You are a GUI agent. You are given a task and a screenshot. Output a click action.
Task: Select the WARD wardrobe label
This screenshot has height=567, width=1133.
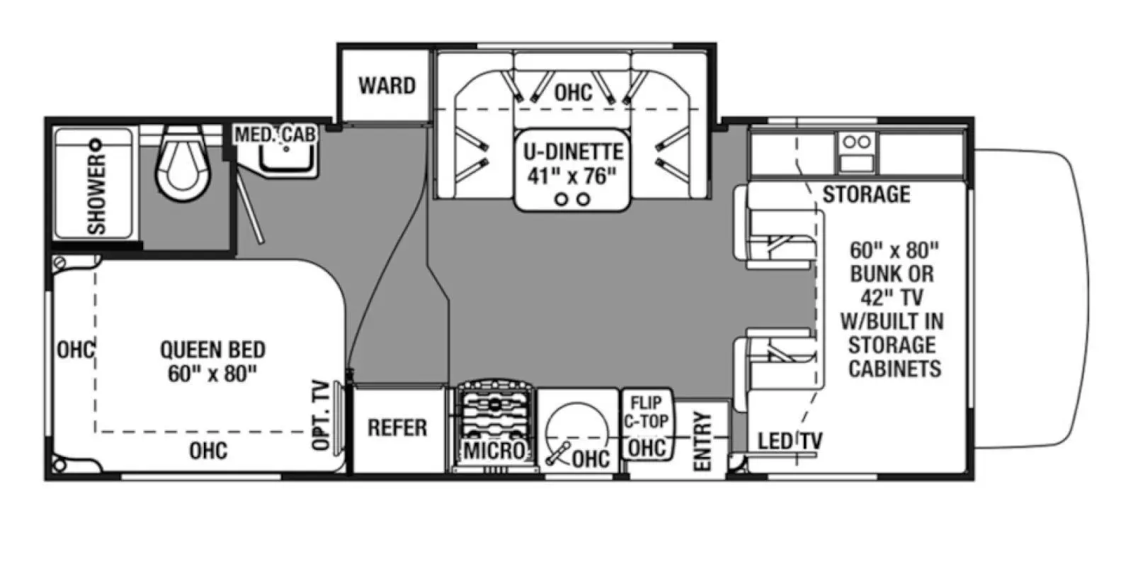387,86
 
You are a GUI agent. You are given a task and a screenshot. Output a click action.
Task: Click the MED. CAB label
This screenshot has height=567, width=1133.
275,134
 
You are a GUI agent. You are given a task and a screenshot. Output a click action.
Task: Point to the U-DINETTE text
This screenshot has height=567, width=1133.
573,152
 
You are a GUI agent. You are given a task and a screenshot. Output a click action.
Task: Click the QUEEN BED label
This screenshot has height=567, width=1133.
212,349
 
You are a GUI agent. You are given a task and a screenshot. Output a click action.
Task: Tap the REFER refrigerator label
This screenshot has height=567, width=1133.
397,427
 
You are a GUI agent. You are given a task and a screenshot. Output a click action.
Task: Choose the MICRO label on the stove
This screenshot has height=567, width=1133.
494,450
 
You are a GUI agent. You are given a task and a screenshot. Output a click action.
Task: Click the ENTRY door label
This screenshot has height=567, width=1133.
702,440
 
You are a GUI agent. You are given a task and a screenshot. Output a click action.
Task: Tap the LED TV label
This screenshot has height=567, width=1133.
790,441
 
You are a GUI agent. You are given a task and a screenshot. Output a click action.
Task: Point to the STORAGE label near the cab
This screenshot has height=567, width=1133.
866,193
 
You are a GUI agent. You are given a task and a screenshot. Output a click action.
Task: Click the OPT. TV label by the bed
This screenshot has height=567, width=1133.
321,415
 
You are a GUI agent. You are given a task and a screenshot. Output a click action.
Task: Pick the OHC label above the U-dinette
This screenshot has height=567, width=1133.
573,92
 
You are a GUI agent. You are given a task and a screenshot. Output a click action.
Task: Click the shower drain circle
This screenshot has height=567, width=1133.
97,145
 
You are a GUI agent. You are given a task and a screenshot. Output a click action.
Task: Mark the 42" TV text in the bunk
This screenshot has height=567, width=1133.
892,297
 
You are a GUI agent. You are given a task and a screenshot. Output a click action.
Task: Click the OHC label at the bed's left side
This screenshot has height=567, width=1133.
75,349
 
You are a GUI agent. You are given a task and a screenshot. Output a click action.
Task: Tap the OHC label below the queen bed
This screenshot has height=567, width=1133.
208,451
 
